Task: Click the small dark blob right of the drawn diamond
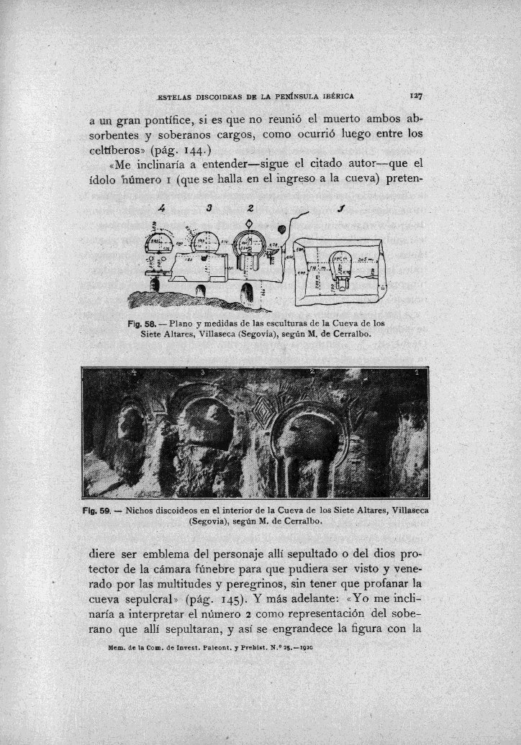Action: pyautogui.click(x=281, y=230)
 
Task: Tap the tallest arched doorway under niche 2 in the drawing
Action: pyautogui.click(x=248, y=293)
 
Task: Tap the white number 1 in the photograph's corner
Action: pyautogui.click(x=417, y=373)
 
